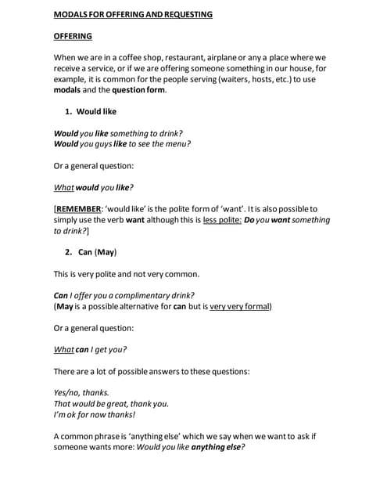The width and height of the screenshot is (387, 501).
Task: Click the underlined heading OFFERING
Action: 72,36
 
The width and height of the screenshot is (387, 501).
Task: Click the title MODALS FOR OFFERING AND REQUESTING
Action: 132,14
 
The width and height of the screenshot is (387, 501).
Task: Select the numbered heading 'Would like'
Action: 96,112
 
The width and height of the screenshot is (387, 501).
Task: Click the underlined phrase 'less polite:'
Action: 222,220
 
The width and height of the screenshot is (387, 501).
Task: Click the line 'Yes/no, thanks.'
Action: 81,392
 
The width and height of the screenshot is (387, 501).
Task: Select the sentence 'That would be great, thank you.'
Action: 111,403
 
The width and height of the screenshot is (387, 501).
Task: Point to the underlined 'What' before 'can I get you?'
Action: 63,349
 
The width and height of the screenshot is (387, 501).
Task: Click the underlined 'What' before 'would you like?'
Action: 63,187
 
